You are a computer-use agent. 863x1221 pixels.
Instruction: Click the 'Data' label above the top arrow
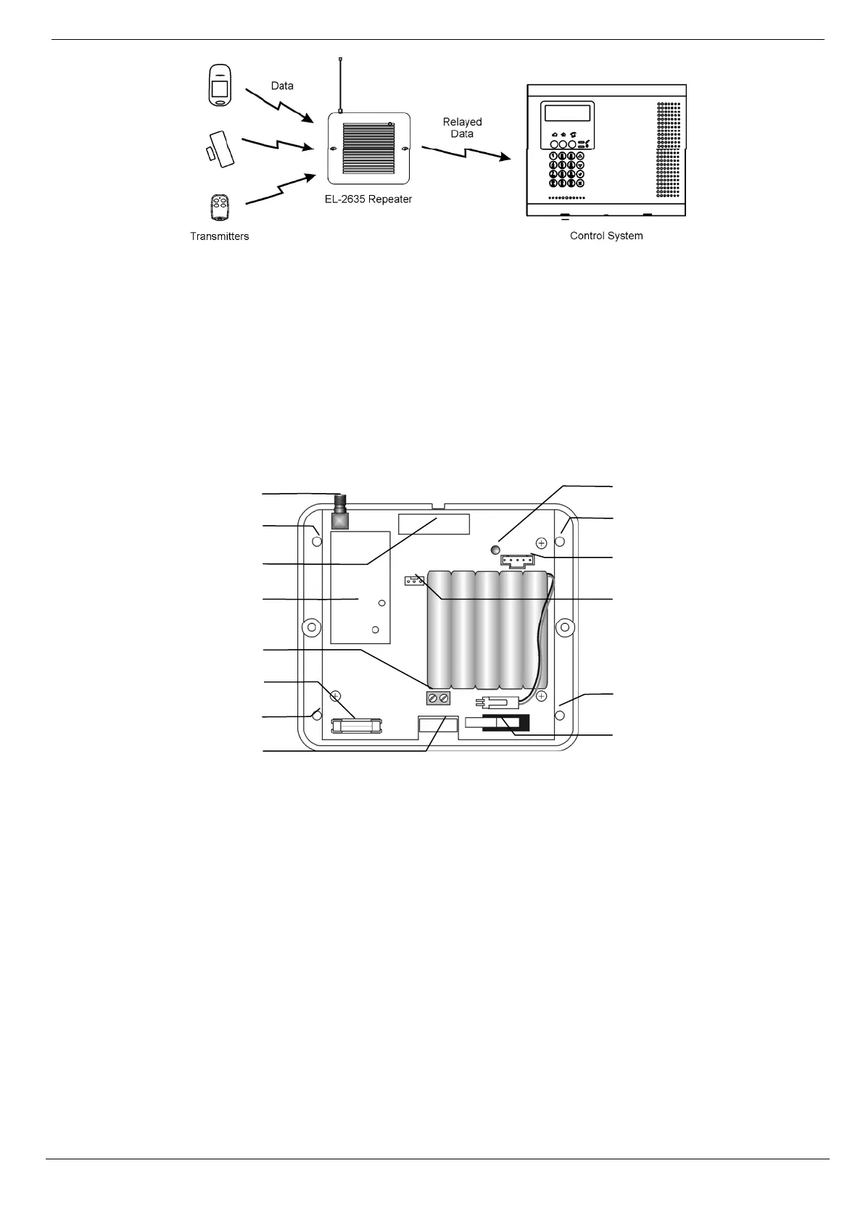[x=282, y=86]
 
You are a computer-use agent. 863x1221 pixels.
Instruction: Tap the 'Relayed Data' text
[x=462, y=128]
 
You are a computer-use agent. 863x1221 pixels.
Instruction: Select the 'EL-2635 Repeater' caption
[x=368, y=199]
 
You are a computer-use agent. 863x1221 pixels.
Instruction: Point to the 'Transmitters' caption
[x=219, y=236]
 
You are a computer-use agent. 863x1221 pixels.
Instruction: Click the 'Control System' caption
[x=606, y=236]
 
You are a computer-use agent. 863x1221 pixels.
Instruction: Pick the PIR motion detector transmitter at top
[x=219, y=86]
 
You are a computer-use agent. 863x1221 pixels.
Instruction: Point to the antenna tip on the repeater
[x=340, y=59]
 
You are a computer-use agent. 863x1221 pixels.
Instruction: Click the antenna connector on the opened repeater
[x=339, y=512]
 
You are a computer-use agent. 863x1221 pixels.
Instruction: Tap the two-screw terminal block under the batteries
[x=437, y=698]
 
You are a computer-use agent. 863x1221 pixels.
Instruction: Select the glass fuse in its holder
[x=357, y=725]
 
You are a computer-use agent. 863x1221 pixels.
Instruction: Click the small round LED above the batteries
[x=495, y=550]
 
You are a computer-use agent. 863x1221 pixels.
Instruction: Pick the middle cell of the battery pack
[x=487, y=629]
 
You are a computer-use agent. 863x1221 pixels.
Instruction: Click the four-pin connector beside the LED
[x=516, y=560]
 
